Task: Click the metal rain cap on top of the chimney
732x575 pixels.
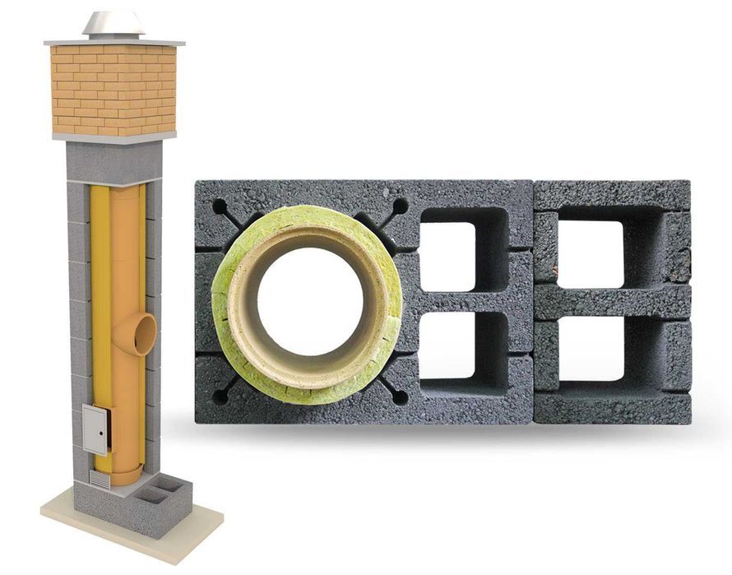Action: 113,25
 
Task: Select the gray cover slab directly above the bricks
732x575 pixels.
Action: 114,41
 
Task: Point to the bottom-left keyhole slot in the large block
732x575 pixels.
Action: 222,394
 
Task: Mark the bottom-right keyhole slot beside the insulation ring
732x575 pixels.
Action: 396,395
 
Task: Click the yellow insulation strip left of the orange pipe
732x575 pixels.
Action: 98,288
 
